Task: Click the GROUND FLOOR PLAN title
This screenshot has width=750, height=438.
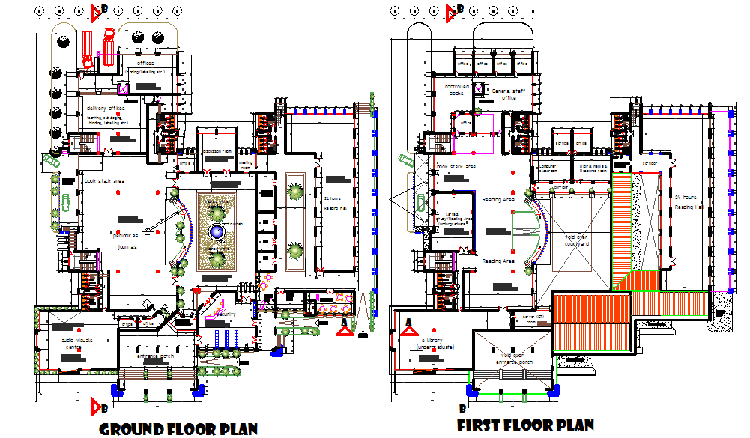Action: tap(178, 428)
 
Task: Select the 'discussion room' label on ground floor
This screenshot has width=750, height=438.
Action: tap(217, 151)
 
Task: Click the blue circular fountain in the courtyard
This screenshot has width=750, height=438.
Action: tap(217, 232)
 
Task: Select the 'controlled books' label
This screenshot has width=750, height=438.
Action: tap(458, 89)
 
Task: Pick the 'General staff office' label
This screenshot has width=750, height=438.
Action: tap(509, 94)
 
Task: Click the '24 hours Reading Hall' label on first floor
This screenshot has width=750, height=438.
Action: tap(687, 201)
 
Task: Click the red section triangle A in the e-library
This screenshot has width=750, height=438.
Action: tap(408, 323)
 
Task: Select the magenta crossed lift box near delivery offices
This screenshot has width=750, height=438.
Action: tap(124, 89)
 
